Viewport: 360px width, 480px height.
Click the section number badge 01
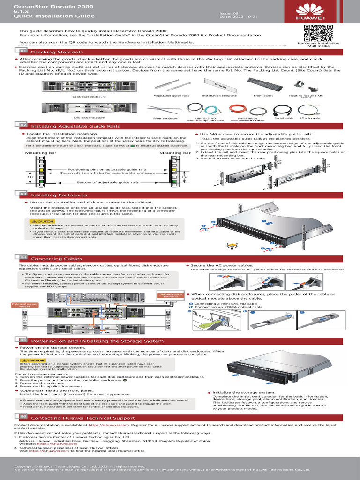22,51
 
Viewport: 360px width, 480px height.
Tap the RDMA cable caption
309,118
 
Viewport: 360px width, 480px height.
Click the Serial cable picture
283,110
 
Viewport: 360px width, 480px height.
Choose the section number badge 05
22,340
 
